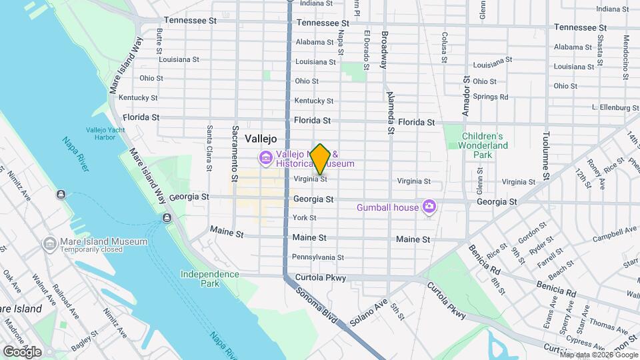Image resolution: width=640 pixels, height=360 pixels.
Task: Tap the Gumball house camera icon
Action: pyautogui.click(x=429, y=207)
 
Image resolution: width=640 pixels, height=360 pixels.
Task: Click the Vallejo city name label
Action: pyautogui.click(x=260, y=139)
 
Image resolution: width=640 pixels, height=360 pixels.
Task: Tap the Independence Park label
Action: pyautogui.click(x=209, y=279)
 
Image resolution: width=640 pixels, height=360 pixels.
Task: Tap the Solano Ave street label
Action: pyautogui.click(x=369, y=310)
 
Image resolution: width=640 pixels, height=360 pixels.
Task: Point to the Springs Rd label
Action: pyautogui.click(x=490, y=97)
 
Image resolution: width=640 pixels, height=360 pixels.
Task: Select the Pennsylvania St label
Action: pyautogui.click(x=318, y=257)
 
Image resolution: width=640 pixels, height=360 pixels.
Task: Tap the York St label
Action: pyautogui.click(x=304, y=218)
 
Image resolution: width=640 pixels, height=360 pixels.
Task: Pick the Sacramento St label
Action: pyautogui.click(x=235, y=153)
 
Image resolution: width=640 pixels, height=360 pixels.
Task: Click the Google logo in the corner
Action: pyautogui.click(x=23, y=351)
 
